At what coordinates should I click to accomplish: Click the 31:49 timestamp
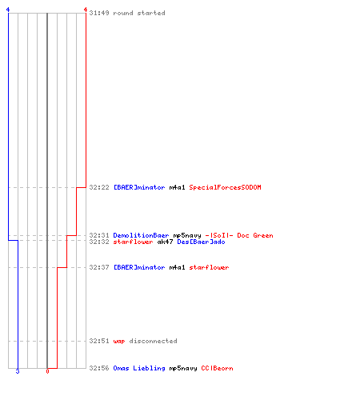[99, 13]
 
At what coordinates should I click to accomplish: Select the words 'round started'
[139, 13]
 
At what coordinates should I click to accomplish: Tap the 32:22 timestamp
[99, 187]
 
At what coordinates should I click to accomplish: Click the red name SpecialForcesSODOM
[225, 187]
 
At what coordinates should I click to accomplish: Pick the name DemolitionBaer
[141, 235]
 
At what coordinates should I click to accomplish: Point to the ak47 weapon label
[165, 242]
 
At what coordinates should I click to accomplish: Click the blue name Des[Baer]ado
[201, 242]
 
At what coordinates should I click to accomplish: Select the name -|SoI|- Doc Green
[239, 235]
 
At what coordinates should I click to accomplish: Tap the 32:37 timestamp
[99, 267]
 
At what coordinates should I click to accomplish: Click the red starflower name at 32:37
[209, 267]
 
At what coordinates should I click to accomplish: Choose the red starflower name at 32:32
[133, 242]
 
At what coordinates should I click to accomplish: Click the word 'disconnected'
[153, 341]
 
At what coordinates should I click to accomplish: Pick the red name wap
[119, 342]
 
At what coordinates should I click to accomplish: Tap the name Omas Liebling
[139, 368]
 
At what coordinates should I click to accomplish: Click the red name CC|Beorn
[217, 368]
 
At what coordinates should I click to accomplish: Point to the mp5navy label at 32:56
[183, 369]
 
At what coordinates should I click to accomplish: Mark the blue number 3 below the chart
[18, 371]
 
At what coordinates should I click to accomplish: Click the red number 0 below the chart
[47, 371]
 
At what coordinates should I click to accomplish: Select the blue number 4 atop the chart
[8, 10]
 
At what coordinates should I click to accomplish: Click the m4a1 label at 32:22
[177, 187]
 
